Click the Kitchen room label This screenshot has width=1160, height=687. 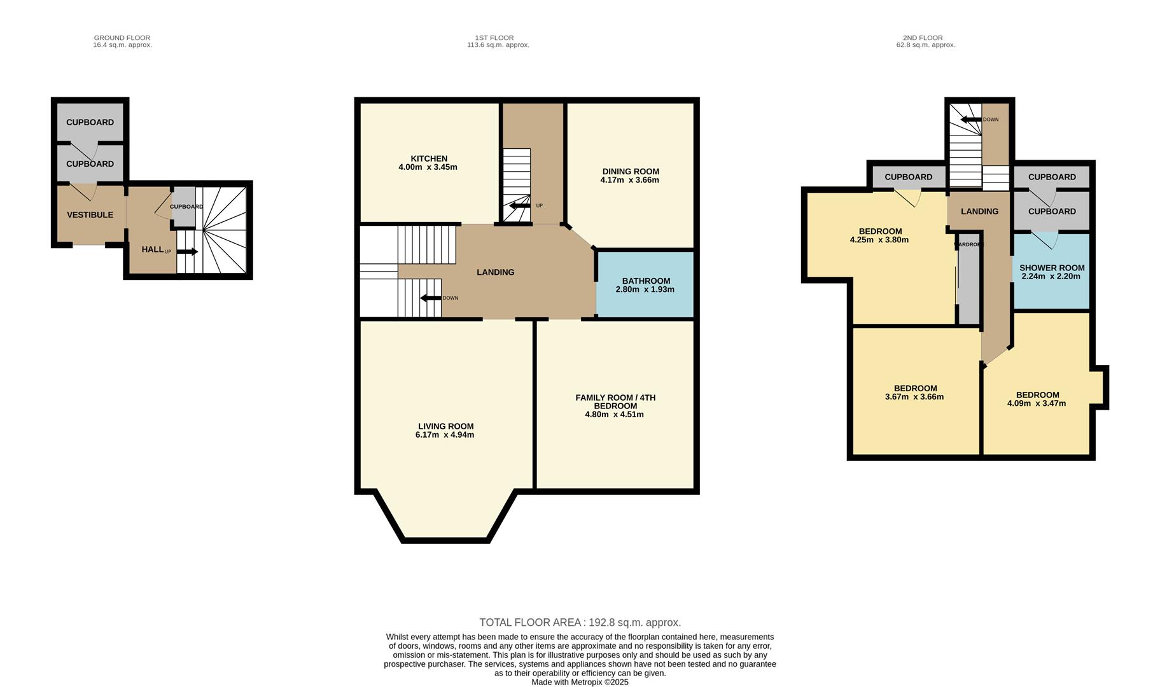tap(428, 158)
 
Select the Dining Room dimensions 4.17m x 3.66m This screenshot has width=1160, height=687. tap(629, 180)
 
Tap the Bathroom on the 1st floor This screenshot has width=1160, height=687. tap(645, 284)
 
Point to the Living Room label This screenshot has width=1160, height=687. tap(445, 426)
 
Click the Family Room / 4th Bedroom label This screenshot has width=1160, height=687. tap(615, 401)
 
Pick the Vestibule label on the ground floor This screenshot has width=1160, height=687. tap(90, 215)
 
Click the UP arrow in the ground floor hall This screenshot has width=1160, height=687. tap(188, 252)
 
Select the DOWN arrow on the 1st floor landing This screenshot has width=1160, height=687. tap(431, 298)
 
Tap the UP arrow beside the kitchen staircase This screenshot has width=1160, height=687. tap(520, 205)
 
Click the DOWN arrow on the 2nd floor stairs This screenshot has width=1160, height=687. tap(971, 120)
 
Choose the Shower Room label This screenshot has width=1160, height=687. tap(1051, 268)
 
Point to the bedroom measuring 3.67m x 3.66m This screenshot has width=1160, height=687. tap(914, 392)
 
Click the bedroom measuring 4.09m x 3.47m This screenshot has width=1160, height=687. tap(1037, 399)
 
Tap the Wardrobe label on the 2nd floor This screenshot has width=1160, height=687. tap(969, 244)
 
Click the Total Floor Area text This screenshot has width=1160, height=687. tap(580, 622)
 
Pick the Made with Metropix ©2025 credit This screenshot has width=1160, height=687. tap(580, 682)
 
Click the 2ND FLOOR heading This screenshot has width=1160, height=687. tap(922, 38)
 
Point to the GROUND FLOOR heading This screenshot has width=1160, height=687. tap(122, 38)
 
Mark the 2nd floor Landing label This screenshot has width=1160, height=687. tap(979, 211)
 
